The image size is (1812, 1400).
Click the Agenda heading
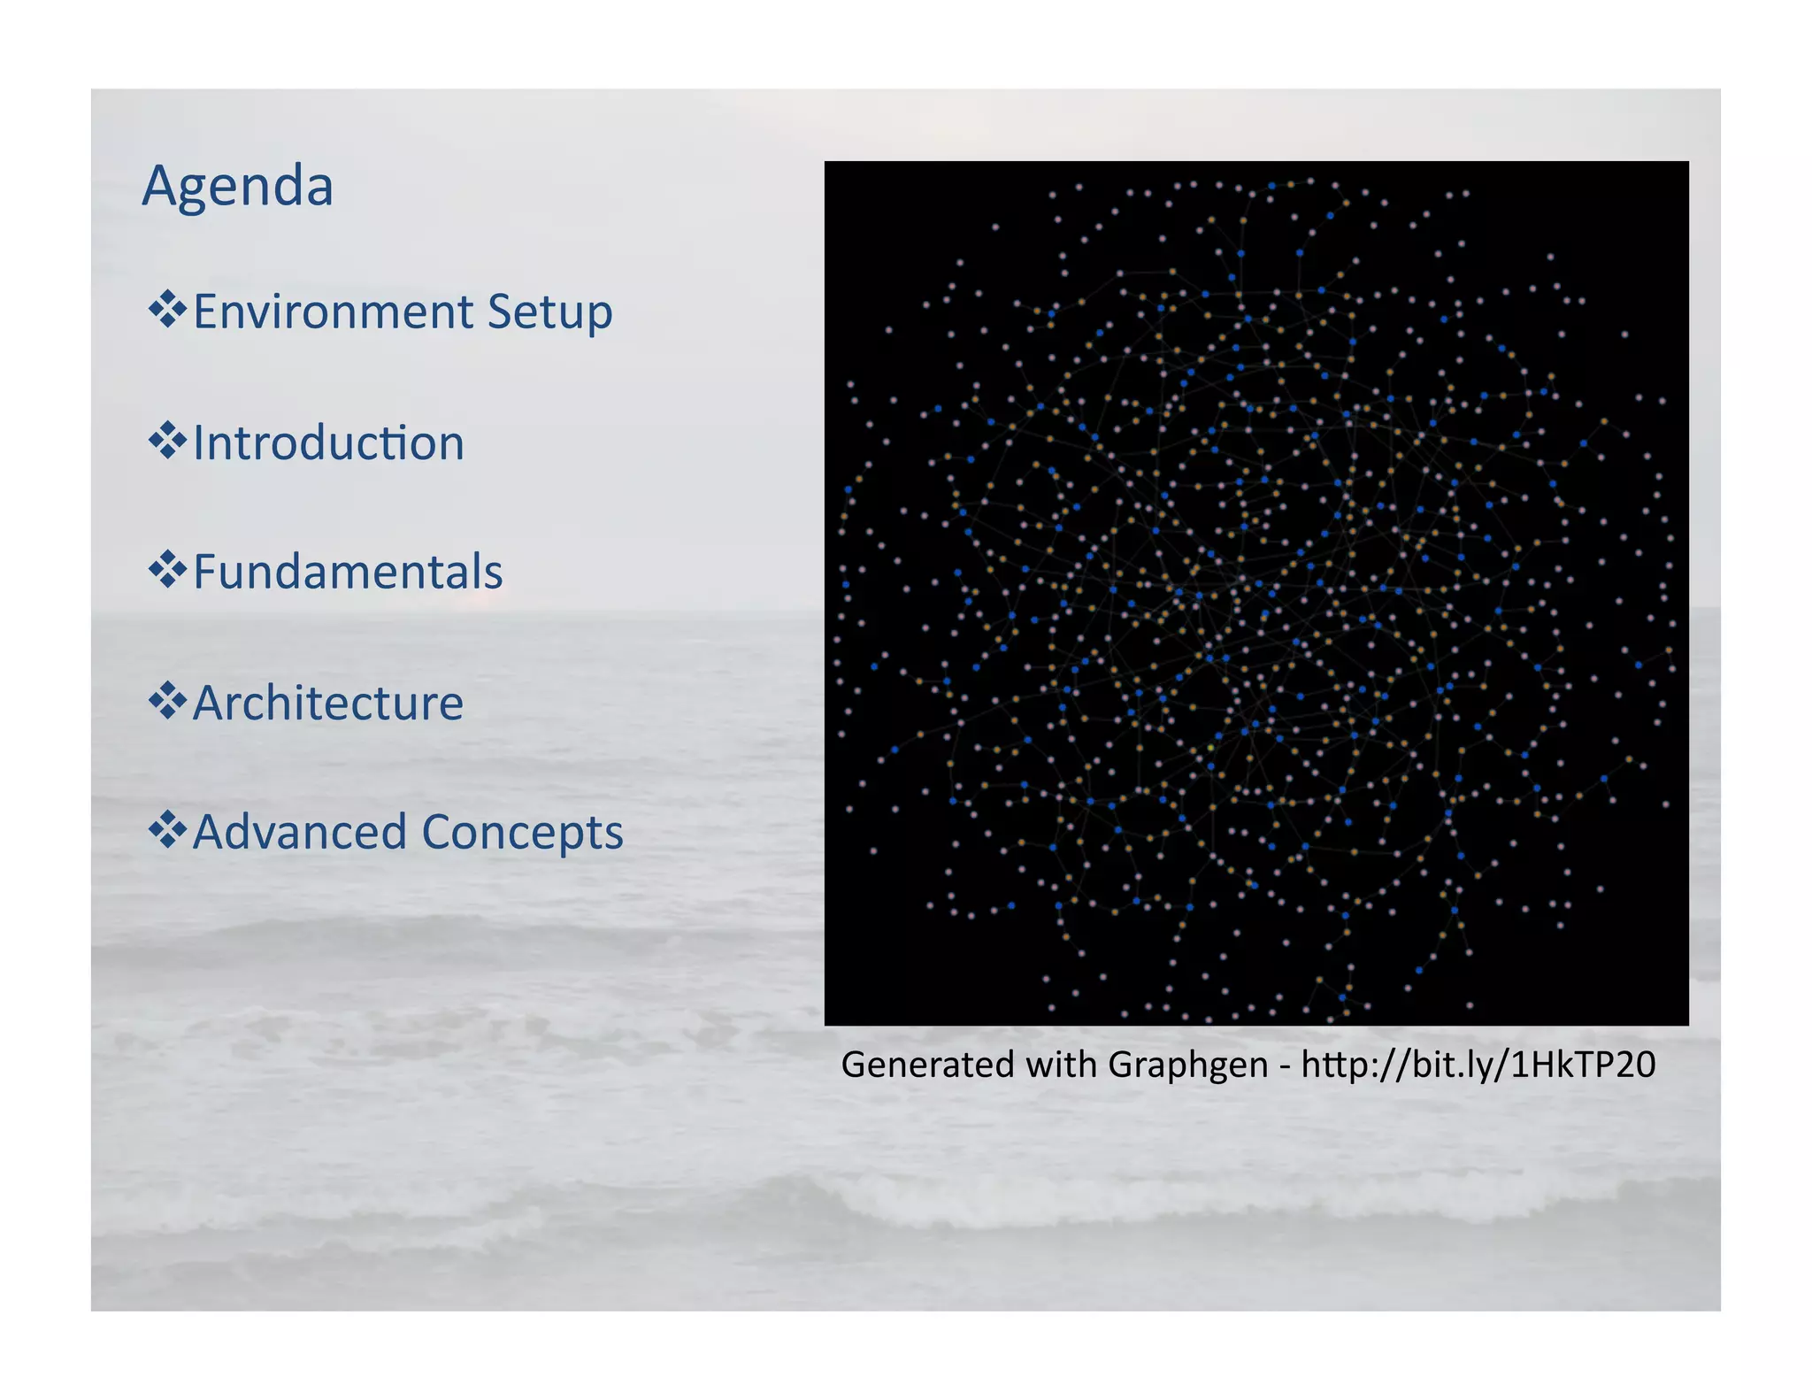pos(237,187)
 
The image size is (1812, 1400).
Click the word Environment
pos(333,312)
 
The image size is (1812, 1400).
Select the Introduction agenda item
pos(327,442)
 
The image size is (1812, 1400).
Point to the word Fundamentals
pos(348,572)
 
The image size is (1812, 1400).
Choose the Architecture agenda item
pos(327,703)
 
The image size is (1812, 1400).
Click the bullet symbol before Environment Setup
pos(167,310)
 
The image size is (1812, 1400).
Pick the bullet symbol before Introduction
pos(167,441)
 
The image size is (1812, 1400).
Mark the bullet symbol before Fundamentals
pos(167,570)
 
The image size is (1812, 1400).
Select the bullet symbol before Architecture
pos(167,701)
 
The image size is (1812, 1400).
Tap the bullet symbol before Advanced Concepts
pos(167,830)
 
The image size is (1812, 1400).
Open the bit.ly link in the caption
pos(1478,1065)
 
